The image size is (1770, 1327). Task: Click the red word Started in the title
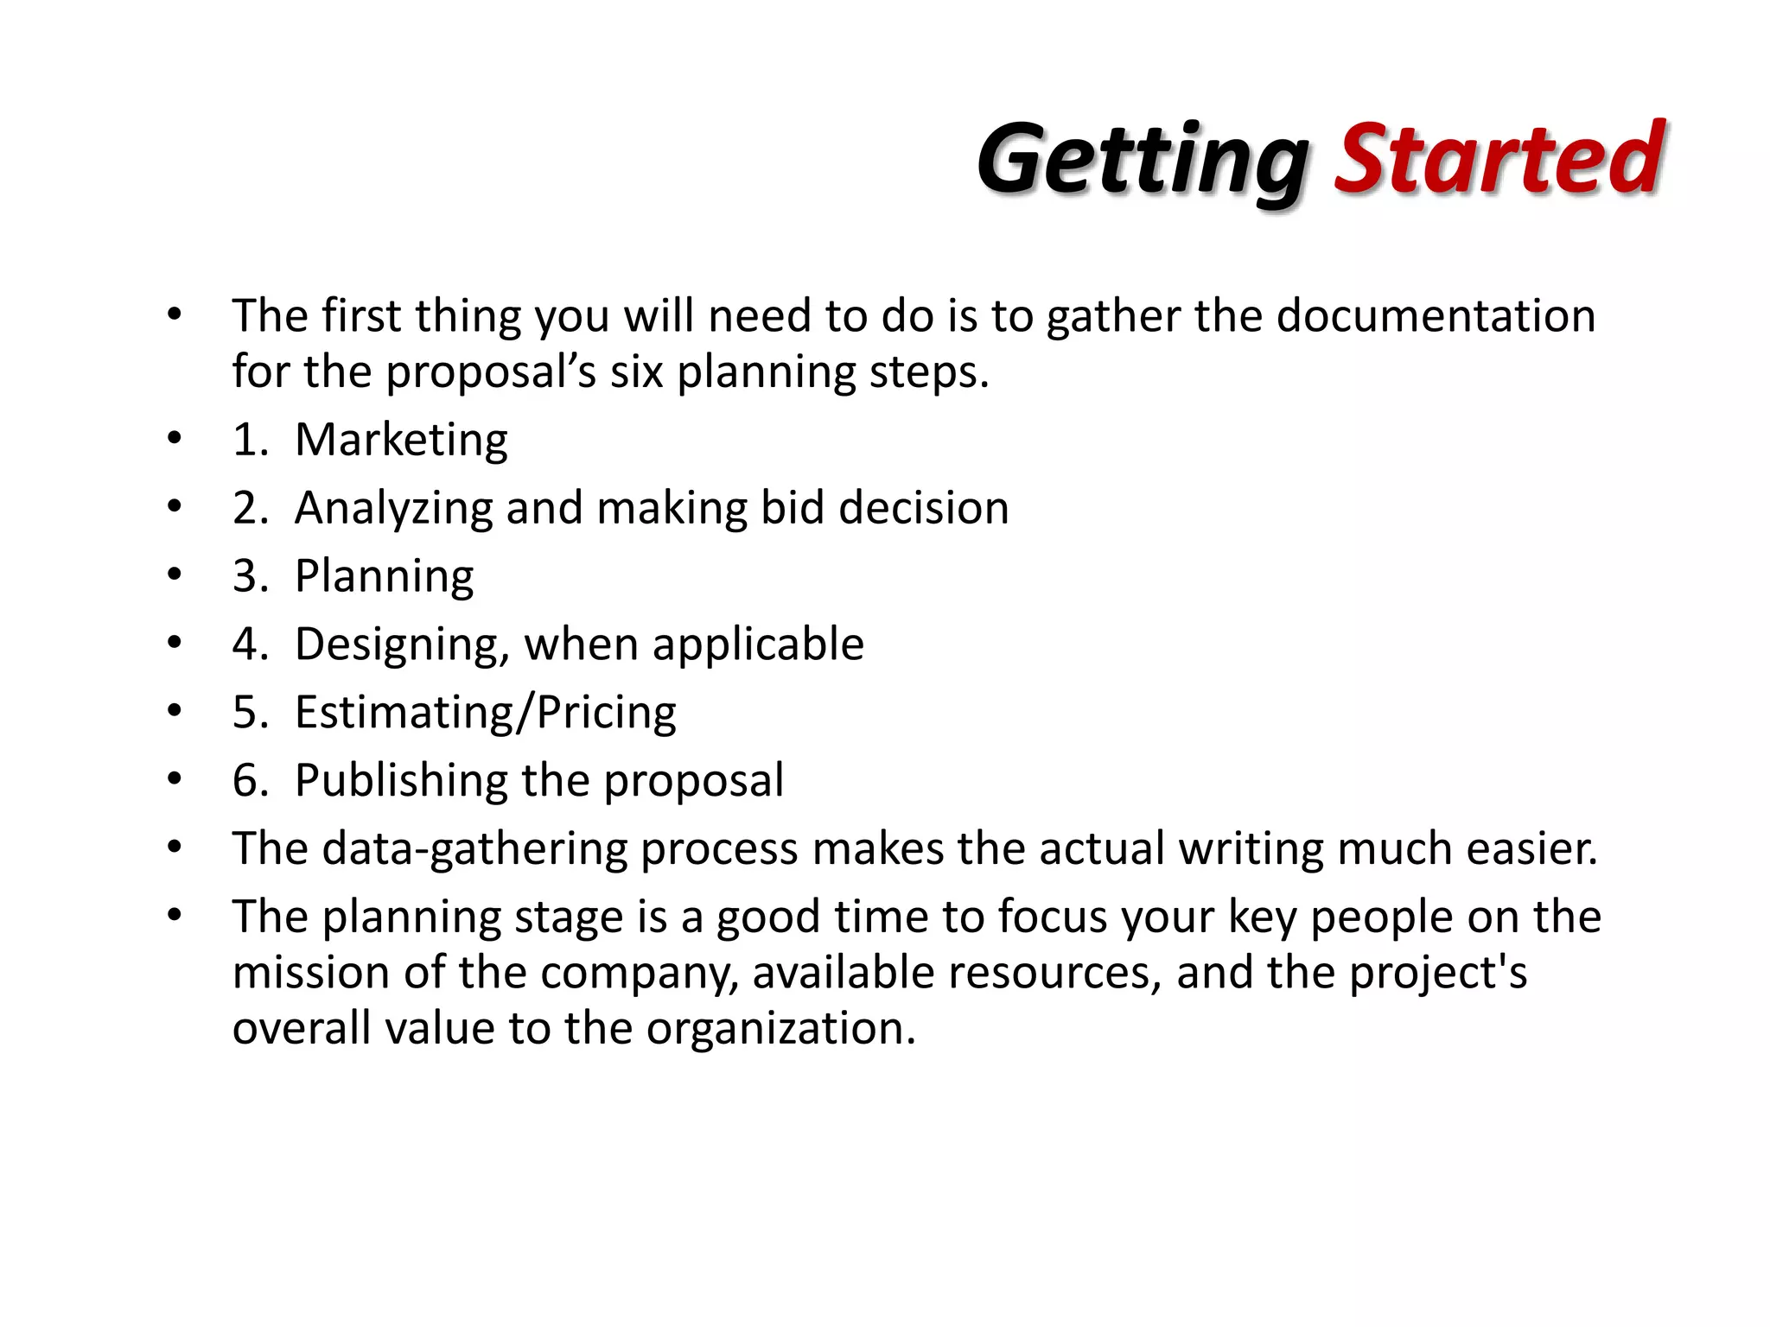1499,158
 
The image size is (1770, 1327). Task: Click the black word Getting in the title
1143,162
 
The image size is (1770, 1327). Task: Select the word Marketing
401,440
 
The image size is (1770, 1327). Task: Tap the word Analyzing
393,508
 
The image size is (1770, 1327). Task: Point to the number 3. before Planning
250,576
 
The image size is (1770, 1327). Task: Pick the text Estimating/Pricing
485,713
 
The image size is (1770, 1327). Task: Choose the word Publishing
401,781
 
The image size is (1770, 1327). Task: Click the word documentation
1436,315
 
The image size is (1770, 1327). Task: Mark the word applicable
758,644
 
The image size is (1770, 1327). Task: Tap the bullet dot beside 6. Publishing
175,779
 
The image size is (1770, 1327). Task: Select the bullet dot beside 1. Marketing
175,438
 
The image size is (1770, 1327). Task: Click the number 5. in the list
250,713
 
